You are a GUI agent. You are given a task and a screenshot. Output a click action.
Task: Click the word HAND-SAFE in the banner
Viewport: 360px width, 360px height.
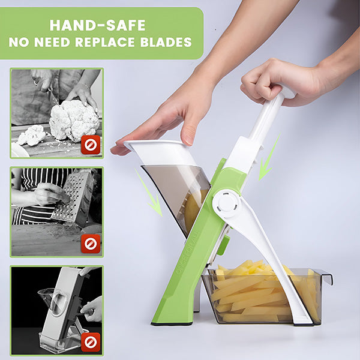(98, 25)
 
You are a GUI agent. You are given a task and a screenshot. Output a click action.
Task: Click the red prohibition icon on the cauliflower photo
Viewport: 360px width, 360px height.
(91, 145)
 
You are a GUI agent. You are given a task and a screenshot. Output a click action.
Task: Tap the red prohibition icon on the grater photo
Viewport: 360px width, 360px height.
(91, 244)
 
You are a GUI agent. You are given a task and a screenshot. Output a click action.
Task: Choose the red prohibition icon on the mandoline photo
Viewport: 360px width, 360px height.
(91, 342)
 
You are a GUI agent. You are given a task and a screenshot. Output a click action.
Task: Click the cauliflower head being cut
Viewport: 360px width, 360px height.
(74, 121)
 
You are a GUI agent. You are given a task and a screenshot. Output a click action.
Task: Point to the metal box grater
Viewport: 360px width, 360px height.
(73, 197)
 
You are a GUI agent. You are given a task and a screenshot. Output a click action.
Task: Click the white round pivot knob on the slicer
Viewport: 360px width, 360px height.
(226, 204)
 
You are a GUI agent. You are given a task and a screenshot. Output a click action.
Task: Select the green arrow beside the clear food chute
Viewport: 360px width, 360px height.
(149, 193)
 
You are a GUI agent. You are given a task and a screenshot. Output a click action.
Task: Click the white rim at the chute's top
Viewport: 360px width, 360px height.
(161, 152)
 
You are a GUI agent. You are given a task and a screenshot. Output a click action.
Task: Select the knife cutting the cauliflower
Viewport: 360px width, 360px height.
(52, 94)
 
